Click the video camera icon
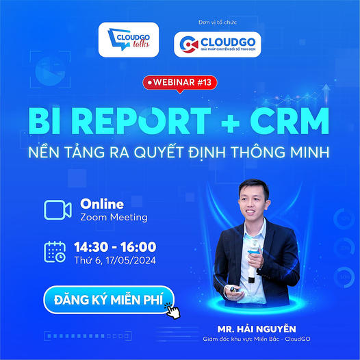57,209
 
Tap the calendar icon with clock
55,252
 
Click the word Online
102,203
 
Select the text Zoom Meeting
113,218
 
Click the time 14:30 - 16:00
118,246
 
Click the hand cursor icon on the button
172,308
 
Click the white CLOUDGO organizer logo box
217,44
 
